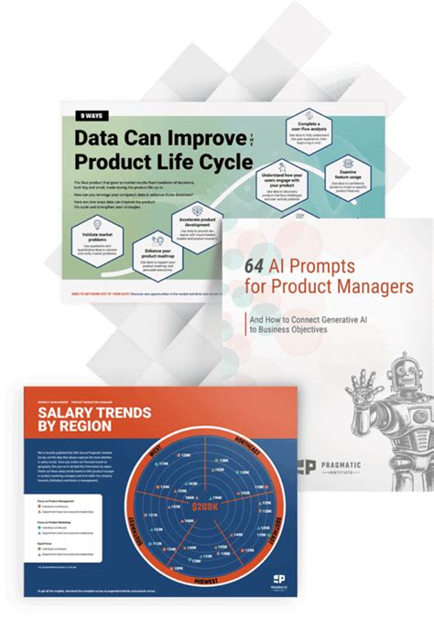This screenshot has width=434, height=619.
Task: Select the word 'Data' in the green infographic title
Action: click(x=97, y=138)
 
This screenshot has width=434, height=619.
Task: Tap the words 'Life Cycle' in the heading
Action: click(x=211, y=162)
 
